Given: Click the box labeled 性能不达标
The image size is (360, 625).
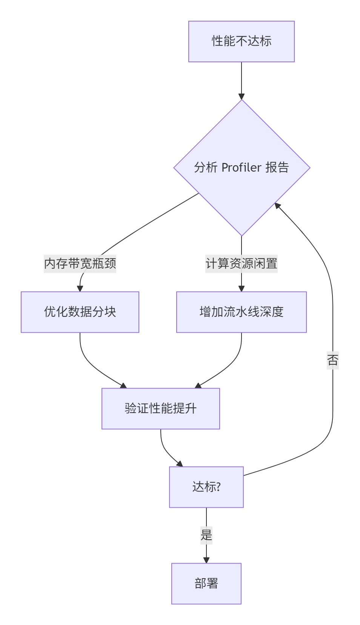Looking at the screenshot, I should click(241, 41).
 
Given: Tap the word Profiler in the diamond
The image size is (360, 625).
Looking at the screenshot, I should click(242, 167).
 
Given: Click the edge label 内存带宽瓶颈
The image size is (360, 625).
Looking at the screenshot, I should click(80, 263).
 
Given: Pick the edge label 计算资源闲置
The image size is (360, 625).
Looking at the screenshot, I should click(242, 263).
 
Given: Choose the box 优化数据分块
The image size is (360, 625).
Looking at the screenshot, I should click(80, 312).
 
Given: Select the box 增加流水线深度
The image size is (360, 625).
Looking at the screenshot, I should click(242, 312).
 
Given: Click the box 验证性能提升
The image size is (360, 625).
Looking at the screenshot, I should click(161, 408).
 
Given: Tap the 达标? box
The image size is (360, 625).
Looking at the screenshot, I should click(206, 487).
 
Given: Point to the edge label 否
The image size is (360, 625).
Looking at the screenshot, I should click(332, 360).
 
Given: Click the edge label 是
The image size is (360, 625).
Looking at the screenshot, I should click(206, 535).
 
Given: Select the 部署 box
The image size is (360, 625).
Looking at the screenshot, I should click(206, 584).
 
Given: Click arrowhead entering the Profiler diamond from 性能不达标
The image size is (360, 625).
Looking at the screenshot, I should click(242, 97).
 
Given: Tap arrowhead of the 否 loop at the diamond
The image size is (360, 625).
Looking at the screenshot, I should click(278, 206).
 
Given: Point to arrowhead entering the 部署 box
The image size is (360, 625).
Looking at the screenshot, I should click(206, 560).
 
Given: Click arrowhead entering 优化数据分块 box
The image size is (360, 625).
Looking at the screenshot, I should click(80, 289).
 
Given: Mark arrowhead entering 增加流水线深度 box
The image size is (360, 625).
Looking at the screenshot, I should click(242, 289).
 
